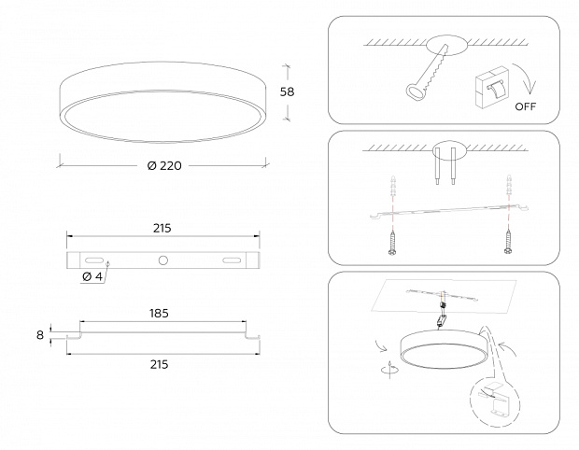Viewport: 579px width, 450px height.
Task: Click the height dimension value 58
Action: coord(287,91)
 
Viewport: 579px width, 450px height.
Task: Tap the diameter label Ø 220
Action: coord(164,166)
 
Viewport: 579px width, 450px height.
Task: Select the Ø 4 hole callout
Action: coord(92,276)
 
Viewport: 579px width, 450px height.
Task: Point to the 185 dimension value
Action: coord(159,314)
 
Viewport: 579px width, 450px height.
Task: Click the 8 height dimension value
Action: coord(40,335)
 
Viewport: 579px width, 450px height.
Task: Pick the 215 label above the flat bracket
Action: coord(162,229)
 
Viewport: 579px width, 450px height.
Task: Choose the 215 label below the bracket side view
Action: coord(160,365)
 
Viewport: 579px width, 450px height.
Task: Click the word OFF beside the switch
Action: coord(526,106)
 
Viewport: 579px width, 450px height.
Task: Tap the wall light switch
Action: coord(492,88)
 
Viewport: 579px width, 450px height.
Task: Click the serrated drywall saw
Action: coord(427,73)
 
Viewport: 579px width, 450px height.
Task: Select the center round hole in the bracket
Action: coord(162,260)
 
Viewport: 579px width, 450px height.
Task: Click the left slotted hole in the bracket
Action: coord(94,260)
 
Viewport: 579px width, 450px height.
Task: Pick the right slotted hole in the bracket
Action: coord(232,260)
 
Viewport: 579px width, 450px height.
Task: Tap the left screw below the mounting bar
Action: coord(392,243)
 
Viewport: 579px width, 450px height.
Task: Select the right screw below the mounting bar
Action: coord(508,242)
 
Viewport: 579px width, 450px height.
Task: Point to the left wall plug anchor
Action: coord(393,187)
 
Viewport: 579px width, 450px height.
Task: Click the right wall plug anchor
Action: coord(509,187)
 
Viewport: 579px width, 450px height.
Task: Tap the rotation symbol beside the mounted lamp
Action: coord(389,370)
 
